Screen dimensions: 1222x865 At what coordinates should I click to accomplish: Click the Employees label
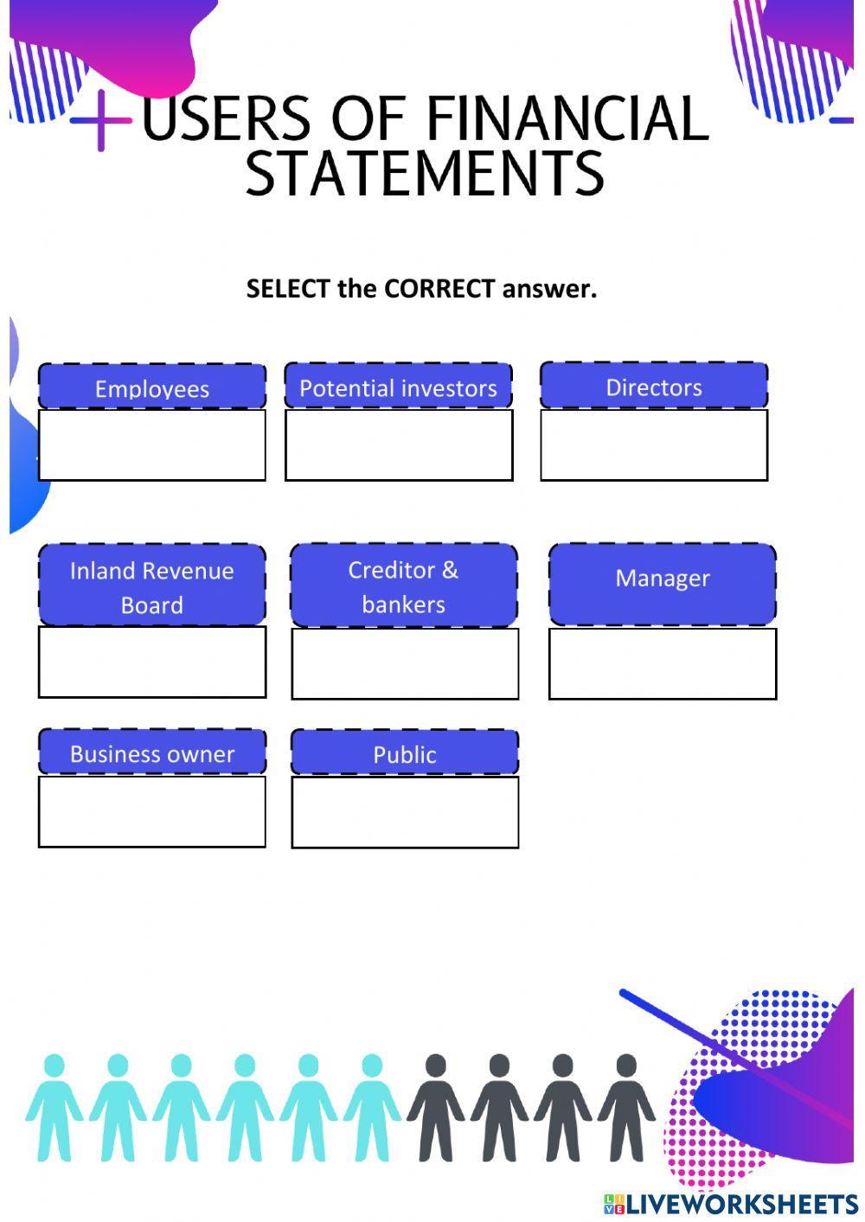(x=152, y=387)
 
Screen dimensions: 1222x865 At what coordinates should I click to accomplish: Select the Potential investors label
(x=398, y=387)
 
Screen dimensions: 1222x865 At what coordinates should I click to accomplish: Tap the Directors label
(x=654, y=387)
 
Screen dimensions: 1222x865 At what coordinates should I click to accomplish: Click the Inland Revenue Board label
(x=152, y=586)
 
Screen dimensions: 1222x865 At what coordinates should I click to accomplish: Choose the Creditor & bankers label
(x=404, y=586)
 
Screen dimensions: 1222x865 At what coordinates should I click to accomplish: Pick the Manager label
(x=663, y=578)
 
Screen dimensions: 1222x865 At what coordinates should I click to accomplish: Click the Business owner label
(x=152, y=753)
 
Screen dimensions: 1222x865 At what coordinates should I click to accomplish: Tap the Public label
(x=405, y=754)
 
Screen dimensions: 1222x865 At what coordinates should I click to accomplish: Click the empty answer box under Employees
(x=152, y=445)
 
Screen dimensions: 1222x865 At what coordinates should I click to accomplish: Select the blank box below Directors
(x=654, y=445)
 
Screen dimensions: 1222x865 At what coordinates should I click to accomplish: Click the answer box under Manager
(x=663, y=663)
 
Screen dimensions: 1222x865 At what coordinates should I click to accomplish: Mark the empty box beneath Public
(x=405, y=812)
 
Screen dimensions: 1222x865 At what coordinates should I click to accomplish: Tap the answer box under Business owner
(x=152, y=811)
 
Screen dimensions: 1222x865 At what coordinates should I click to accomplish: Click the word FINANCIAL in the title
(x=567, y=118)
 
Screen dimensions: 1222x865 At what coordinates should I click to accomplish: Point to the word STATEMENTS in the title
(x=425, y=173)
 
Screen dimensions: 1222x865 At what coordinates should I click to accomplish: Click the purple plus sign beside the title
(x=101, y=120)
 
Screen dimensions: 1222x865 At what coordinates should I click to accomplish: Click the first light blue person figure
(x=54, y=1107)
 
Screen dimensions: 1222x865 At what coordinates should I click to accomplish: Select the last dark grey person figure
(x=626, y=1107)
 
